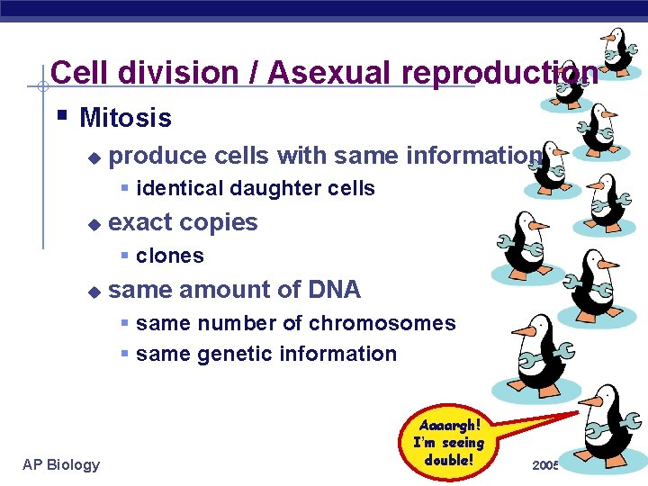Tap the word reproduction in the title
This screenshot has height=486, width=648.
click(499, 73)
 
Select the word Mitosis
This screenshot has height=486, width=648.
click(125, 118)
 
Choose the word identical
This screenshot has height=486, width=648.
click(179, 188)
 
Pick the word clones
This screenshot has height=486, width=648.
click(170, 256)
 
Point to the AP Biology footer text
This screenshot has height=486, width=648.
click(61, 464)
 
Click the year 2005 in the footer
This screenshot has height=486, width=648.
click(545, 465)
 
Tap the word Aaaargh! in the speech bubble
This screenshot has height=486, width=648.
click(450, 424)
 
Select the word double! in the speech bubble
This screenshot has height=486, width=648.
click(448, 460)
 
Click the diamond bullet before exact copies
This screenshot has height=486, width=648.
click(93, 224)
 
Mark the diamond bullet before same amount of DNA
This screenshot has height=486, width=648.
click(93, 292)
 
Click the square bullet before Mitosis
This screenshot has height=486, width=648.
click(60, 116)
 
